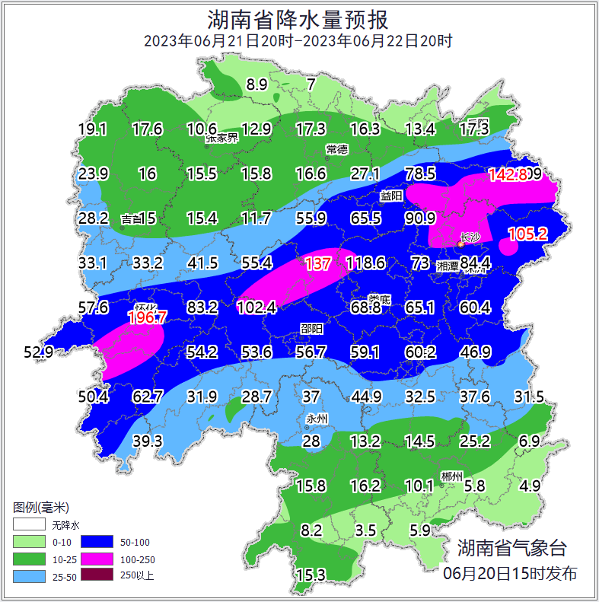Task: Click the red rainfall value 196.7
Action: click(147, 317)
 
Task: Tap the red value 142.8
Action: click(508, 174)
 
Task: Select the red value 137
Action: click(317, 263)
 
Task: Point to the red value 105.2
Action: click(527, 234)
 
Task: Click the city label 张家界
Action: click(221, 139)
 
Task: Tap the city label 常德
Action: click(336, 148)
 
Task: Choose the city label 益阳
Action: click(391, 196)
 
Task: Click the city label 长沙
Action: click(470, 238)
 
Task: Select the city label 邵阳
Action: click(311, 328)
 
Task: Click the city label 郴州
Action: click(451, 476)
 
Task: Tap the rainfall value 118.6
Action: click(365, 263)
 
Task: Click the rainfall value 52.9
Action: click(39, 352)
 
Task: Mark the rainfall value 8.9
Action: click(257, 84)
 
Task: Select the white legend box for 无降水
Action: click(29, 524)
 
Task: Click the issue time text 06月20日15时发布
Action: click(509, 573)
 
